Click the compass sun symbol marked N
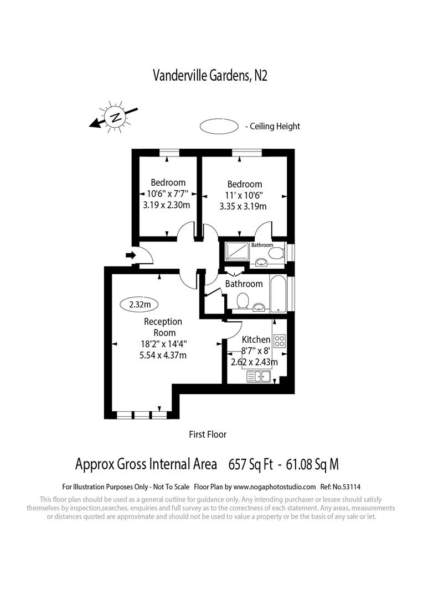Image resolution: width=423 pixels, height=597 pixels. click(116, 117)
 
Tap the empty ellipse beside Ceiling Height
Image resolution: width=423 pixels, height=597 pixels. click(219, 126)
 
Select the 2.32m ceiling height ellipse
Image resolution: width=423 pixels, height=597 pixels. click(140, 304)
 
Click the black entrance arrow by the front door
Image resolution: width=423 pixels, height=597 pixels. click(131, 255)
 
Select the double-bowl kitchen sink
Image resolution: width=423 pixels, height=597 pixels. click(258, 377)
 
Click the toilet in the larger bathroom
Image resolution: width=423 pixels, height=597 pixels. click(242, 302)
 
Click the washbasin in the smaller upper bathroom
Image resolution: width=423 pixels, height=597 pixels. click(260, 261)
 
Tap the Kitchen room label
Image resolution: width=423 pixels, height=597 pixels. click(256, 339)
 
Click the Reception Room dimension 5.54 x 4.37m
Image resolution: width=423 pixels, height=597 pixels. click(163, 355)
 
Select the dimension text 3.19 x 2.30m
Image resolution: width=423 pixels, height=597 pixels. click(167, 206)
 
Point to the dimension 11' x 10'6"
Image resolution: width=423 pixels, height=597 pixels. click(244, 195)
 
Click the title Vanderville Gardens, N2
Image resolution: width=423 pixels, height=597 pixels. click(210, 76)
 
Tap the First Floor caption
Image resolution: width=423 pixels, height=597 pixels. click(208, 434)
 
